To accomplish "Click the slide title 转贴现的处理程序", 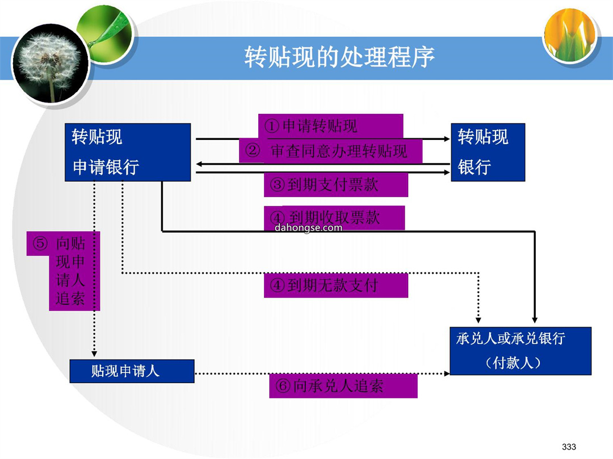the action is (339, 57).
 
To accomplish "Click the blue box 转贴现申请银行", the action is (128, 152).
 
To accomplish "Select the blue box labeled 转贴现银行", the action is (488, 152).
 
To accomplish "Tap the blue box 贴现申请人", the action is (132, 371).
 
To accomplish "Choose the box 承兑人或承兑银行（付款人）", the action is (520, 351).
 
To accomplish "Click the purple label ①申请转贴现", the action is (330, 126).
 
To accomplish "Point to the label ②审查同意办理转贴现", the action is (331, 151).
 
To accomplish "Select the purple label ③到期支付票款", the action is (336, 185).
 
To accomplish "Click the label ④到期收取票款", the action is (334, 218).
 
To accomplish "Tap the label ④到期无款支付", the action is (336, 285).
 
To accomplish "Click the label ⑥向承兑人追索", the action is (343, 386).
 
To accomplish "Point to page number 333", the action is (569, 447).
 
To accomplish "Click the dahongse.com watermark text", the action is (308, 228).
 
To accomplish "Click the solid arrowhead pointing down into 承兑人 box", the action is (535, 320).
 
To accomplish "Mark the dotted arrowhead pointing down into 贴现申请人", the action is (94, 354).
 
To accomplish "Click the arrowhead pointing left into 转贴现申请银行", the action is (199, 164).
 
